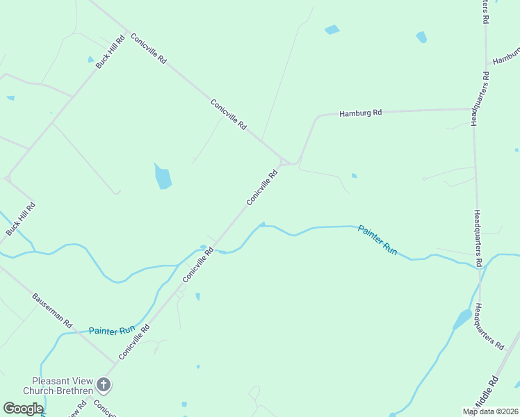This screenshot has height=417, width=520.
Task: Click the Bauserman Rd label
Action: [x=52, y=310]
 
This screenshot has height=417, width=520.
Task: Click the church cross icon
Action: [x=103, y=384]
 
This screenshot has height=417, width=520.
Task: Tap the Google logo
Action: [x=23, y=409]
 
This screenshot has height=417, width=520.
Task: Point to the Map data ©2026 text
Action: [x=490, y=411]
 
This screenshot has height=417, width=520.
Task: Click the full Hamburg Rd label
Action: [x=360, y=113]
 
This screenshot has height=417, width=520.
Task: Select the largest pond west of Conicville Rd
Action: [x=163, y=177]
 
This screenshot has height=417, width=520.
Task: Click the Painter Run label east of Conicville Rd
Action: [x=377, y=240]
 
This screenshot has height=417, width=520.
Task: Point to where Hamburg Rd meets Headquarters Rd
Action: [x=473, y=109]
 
